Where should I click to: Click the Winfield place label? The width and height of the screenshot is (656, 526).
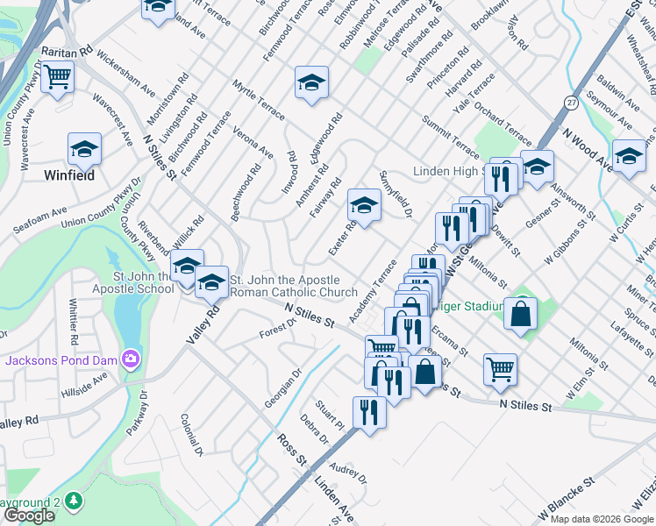coord(69,175)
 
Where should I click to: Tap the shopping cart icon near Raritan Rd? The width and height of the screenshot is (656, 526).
coord(57,77)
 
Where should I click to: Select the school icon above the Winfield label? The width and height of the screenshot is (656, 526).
coord(84,149)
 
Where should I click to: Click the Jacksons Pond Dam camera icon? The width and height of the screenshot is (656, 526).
coord(131,358)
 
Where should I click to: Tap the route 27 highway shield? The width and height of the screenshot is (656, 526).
coord(570,102)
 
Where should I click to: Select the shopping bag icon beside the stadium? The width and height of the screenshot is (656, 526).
coord(521,313)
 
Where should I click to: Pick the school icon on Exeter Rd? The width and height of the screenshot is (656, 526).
coord(364,206)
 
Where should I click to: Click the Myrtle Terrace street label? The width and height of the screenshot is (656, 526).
coord(259,99)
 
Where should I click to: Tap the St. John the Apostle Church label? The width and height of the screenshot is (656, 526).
coord(293,287)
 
